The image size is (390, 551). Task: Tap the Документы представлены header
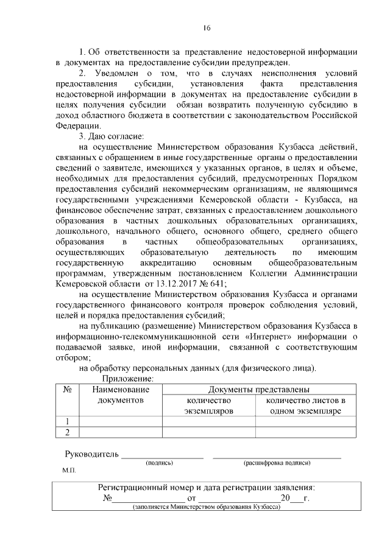258,389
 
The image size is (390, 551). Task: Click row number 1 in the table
68,421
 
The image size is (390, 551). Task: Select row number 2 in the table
68,432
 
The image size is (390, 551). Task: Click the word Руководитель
91,455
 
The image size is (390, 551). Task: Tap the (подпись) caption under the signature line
160,463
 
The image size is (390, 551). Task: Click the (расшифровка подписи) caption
277,463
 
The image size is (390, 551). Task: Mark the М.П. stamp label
68,471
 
